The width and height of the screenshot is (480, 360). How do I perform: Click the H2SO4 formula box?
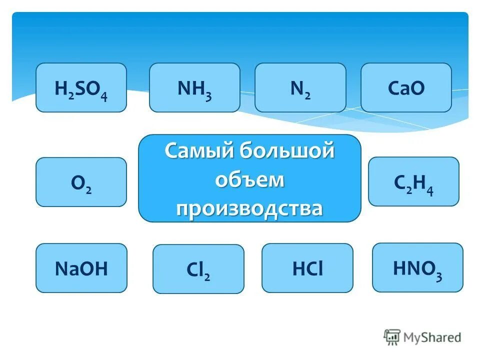point(81,87)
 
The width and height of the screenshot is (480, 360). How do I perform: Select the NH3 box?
point(194,87)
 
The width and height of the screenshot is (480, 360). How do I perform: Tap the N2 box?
point(300,87)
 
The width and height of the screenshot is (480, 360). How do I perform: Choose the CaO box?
point(406,87)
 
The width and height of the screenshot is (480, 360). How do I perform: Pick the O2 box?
point(81,182)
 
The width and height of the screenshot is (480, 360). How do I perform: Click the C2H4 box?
point(413,181)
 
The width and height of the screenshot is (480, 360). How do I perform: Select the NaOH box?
point(81,268)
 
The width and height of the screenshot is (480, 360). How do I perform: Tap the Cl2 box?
point(198,269)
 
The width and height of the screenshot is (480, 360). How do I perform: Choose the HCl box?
point(307,268)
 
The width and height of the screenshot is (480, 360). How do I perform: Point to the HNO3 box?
point(417,267)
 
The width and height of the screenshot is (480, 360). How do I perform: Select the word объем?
point(249,179)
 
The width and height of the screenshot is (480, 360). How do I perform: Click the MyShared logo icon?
point(392,336)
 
